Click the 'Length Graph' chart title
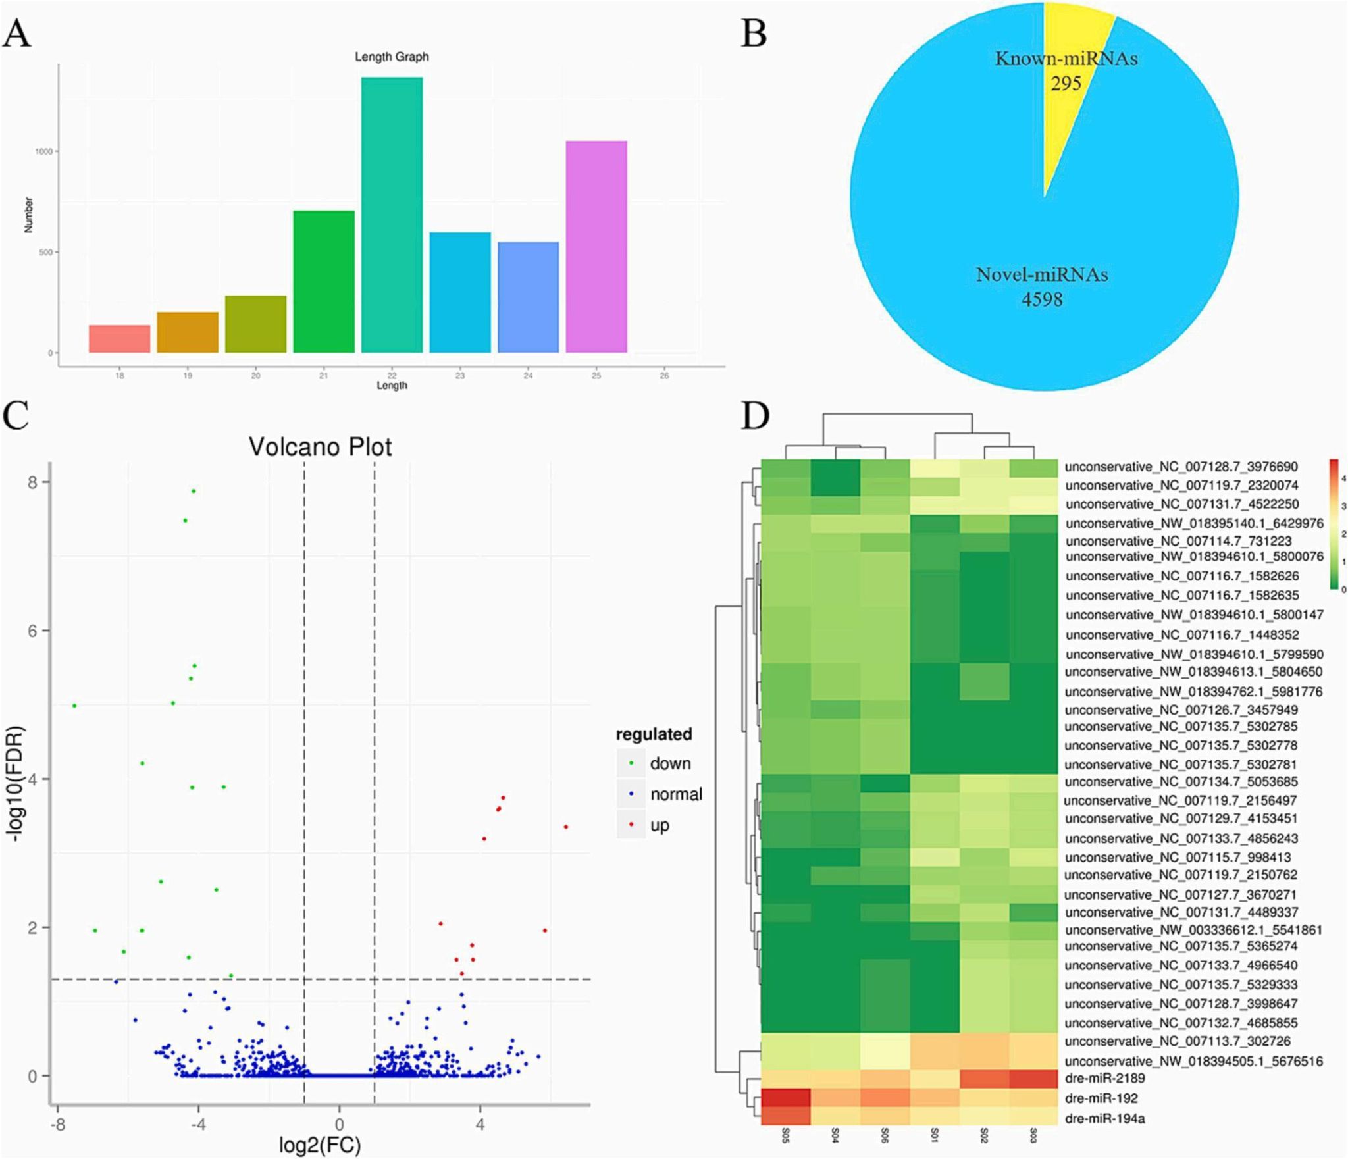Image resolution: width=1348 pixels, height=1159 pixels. [x=392, y=57]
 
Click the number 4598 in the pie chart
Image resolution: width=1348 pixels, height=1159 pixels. [x=1042, y=299]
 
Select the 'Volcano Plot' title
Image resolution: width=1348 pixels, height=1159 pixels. [x=320, y=447]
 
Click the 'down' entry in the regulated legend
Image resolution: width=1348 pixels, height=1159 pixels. [x=670, y=763]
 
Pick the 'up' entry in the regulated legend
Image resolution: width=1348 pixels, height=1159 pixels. [x=660, y=825]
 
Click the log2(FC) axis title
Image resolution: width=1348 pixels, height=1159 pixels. [x=320, y=1145]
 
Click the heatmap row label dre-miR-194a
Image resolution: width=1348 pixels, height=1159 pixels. [x=1104, y=1118]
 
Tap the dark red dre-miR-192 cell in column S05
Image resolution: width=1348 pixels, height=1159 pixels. [x=785, y=1098]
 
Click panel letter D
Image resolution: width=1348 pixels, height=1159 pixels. [x=755, y=416]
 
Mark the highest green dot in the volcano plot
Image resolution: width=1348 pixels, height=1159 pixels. [x=193, y=491]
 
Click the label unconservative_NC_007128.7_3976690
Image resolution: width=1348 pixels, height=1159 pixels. [x=1181, y=467]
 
